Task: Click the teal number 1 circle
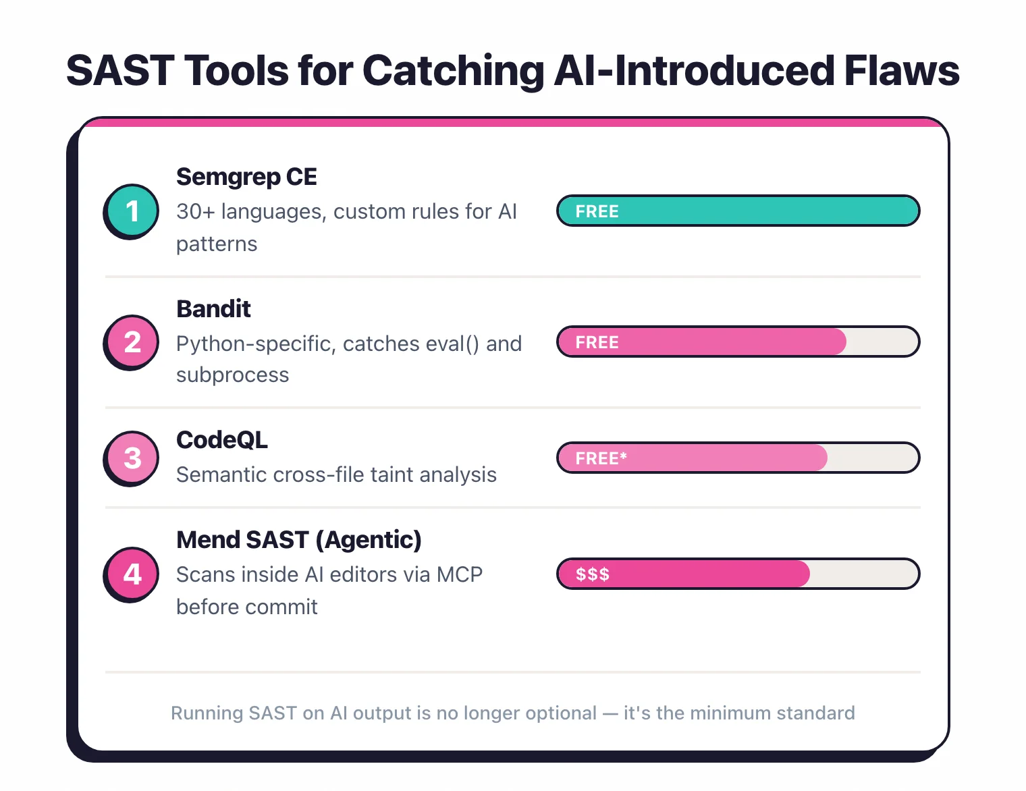132,211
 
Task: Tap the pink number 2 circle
132,342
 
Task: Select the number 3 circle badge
132,458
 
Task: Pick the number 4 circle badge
132,574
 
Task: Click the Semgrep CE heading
246,177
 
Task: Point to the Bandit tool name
213,309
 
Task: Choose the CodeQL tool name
222,440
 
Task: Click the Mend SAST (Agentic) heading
298,540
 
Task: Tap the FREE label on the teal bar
597,211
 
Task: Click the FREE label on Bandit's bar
597,342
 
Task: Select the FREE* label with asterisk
601,458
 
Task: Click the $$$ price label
592,574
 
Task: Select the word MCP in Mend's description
459,575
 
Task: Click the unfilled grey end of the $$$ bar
864,574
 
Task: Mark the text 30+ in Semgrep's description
195,212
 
